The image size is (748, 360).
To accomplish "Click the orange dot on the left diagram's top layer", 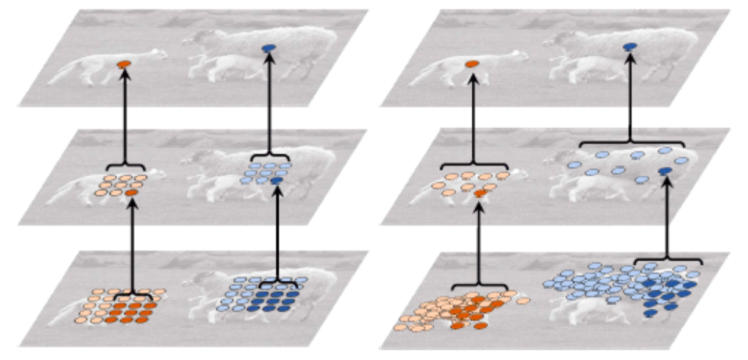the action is [124, 63].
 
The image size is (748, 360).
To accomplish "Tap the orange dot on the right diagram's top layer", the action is [471, 64].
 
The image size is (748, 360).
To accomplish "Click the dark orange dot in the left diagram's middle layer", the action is [132, 193].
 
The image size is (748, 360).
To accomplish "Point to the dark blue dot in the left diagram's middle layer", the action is [276, 181].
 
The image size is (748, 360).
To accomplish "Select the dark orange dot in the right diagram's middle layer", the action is [480, 193].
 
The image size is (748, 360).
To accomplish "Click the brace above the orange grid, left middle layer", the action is [126, 167].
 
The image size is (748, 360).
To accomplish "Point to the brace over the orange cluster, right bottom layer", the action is [480, 286].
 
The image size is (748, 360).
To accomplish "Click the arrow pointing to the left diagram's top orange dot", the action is [126, 116].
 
